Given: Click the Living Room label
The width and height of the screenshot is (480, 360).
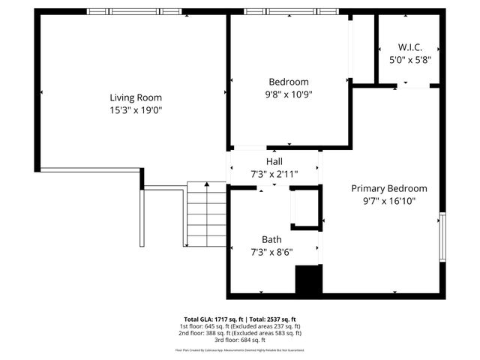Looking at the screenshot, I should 136,97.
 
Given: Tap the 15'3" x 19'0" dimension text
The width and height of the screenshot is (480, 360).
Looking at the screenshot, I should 136,110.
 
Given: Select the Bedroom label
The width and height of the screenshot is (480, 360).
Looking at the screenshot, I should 289,82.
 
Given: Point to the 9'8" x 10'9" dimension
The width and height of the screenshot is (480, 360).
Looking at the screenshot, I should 289,94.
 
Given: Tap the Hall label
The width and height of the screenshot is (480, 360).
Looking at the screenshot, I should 274,161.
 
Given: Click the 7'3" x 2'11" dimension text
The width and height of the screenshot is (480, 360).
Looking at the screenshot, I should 274,174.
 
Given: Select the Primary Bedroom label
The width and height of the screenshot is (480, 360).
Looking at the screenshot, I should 389,188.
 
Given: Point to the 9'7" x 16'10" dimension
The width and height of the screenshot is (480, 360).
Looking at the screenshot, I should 389,201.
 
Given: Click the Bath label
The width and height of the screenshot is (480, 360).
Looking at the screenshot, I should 271,239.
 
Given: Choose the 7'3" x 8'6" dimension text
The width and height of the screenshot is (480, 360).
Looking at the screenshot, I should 271,252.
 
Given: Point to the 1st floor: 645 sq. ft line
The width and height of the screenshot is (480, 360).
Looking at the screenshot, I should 240,326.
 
